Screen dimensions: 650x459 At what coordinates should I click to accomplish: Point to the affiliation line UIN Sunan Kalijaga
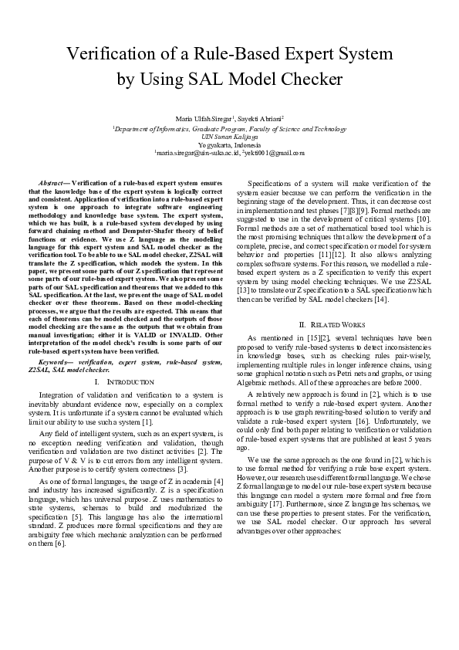(x=229, y=136)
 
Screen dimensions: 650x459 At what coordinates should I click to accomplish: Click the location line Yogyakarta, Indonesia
(x=229, y=144)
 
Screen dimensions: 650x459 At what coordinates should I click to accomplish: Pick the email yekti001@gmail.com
(x=274, y=153)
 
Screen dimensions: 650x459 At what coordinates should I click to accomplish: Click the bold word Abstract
(x=52, y=184)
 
